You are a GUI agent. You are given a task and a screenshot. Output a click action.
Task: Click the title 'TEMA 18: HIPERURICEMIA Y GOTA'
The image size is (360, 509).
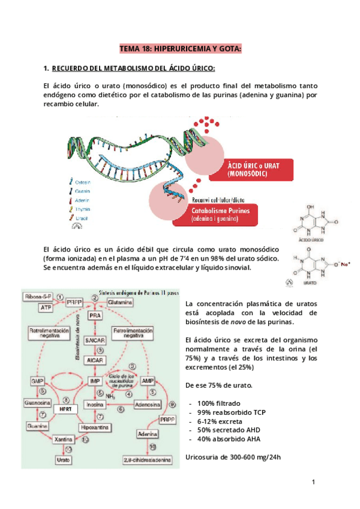coord(180,48)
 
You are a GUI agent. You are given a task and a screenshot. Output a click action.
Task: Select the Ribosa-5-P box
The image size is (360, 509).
coord(38,297)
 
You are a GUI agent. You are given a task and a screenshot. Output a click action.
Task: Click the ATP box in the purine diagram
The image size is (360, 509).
coord(46,307)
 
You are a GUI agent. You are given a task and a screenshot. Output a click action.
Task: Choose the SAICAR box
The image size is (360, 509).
coord(95,340)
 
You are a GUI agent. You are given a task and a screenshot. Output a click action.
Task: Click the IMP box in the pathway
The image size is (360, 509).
coord(94,381)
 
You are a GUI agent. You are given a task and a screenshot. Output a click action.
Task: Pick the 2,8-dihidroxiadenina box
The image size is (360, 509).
coord(147,460)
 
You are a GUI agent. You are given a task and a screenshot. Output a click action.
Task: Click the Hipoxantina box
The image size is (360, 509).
coord(95,427)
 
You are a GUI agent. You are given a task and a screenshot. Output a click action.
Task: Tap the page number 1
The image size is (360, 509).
coord(313,483)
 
